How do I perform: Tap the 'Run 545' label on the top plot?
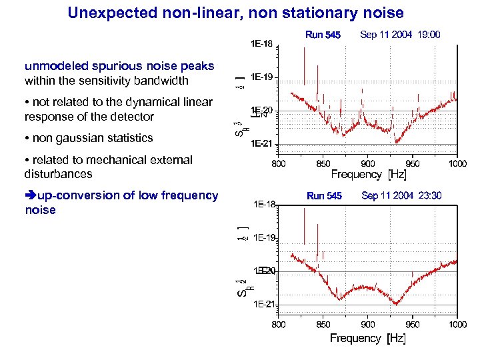323,35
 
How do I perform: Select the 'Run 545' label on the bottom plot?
324,196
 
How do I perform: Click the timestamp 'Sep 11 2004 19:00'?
399,35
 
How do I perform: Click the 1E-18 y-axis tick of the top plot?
261,45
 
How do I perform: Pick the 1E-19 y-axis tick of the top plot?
261,77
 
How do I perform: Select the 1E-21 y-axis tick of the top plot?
261,143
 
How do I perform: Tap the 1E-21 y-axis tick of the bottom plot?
265,305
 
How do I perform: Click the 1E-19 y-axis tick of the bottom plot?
265,237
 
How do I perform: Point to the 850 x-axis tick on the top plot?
323,163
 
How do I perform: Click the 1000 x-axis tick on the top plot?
457,163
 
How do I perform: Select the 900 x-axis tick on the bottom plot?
367,325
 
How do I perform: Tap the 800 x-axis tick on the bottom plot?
279,325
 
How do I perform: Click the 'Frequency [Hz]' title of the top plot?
368,175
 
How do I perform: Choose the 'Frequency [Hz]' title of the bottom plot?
368,338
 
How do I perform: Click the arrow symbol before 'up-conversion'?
31,195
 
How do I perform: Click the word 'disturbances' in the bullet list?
58,173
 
